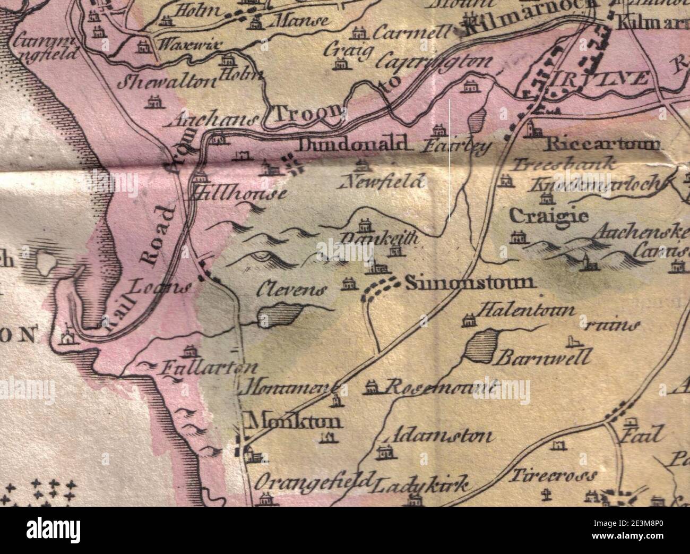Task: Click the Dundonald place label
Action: click(x=356, y=144)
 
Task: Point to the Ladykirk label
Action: click(x=422, y=484)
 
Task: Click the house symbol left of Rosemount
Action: click(x=372, y=387)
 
